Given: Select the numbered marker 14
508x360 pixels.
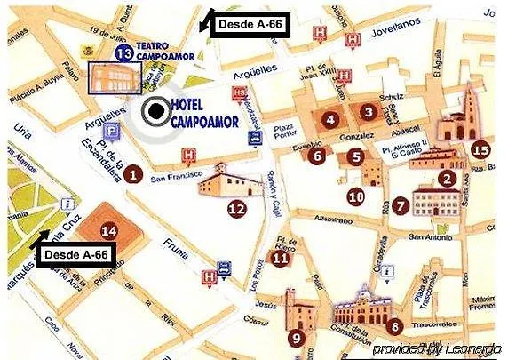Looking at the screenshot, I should (x=108, y=231).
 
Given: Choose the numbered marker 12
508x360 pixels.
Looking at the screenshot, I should (x=236, y=210).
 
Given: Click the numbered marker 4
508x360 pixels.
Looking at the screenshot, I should (x=329, y=119).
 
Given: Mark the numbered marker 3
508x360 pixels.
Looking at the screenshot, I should (x=368, y=112).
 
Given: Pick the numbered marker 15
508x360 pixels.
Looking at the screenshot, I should (x=481, y=149).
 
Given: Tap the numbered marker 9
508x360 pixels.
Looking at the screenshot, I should (x=295, y=337).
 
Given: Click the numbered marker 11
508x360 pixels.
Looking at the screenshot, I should (x=280, y=259).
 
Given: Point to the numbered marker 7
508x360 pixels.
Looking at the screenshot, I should (x=401, y=205).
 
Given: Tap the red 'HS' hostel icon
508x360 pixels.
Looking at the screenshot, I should (x=238, y=92).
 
